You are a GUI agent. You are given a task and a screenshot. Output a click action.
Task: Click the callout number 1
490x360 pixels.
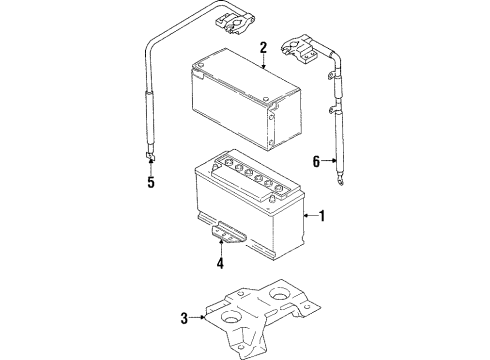click(322, 216)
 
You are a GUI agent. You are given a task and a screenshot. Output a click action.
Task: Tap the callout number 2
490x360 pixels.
click(263, 48)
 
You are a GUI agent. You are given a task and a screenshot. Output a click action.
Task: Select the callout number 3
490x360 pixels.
click(184, 318)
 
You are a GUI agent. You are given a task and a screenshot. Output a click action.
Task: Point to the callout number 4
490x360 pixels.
click(220, 263)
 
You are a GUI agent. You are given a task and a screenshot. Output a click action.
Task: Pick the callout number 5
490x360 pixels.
click(151, 182)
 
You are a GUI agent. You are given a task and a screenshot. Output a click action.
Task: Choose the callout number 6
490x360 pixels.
click(316, 161)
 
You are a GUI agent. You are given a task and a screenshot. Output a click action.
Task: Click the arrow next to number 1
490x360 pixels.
click(311, 216)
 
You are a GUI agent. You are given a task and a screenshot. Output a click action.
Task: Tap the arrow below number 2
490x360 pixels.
click(263, 62)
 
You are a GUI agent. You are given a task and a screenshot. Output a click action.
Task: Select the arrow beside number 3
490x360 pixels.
click(197, 317)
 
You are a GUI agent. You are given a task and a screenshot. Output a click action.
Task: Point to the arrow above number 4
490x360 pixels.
click(220, 247)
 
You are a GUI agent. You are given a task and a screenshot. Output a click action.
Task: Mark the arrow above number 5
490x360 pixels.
click(151, 167)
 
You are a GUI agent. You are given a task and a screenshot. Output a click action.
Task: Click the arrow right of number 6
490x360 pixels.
click(329, 161)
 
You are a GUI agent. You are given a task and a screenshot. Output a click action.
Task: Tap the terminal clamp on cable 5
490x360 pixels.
click(234, 23)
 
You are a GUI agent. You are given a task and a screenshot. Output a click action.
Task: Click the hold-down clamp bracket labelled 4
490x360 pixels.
click(228, 233)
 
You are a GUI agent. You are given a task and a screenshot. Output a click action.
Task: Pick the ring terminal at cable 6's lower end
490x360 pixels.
click(340, 180)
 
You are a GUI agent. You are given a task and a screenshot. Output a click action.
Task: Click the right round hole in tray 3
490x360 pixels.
click(280, 294)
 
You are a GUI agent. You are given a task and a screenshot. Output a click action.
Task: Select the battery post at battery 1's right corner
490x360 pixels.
click(273, 199)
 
